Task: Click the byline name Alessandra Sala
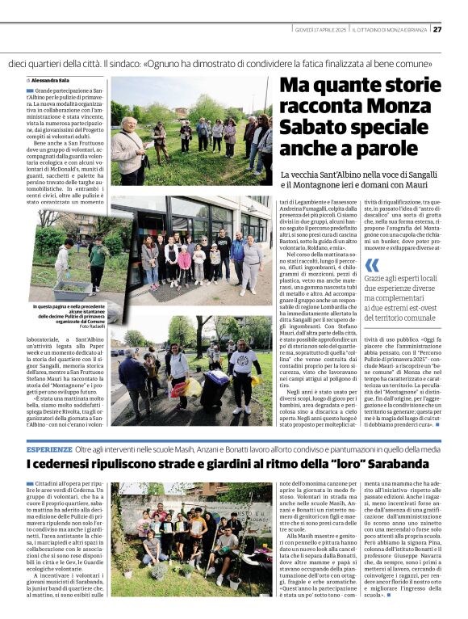pos(50,81)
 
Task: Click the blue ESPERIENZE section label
pos(49,448)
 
